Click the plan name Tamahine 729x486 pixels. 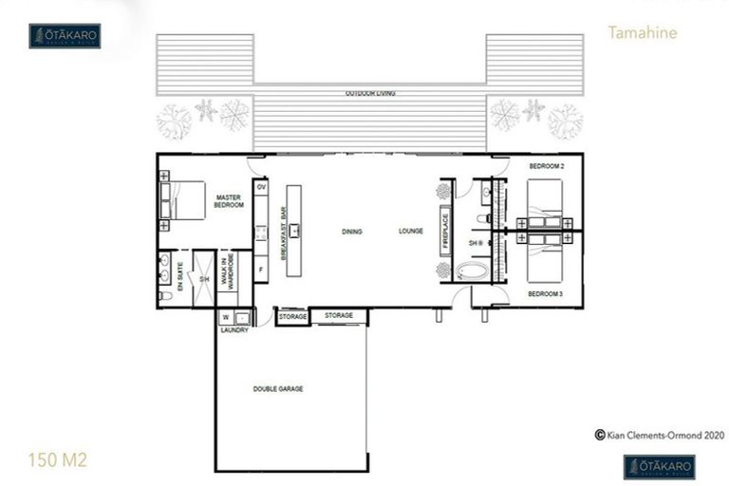(x=643, y=33)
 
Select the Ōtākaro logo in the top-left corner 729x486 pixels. (x=65, y=36)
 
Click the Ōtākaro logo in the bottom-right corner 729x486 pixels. (x=660, y=466)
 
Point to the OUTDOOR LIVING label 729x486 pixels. (x=370, y=94)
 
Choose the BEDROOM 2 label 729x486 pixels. (x=547, y=167)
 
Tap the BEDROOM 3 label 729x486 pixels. (x=547, y=293)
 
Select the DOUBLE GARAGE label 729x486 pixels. (x=278, y=389)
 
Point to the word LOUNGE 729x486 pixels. (x=411, y=231)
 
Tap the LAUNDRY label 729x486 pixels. (x=234, y=329)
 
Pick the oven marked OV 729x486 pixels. (x=261, y=187)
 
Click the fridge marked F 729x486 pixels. (x=261, y=271)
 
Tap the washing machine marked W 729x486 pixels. (x=226, y=317)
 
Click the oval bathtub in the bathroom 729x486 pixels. (x=472, y=272)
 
